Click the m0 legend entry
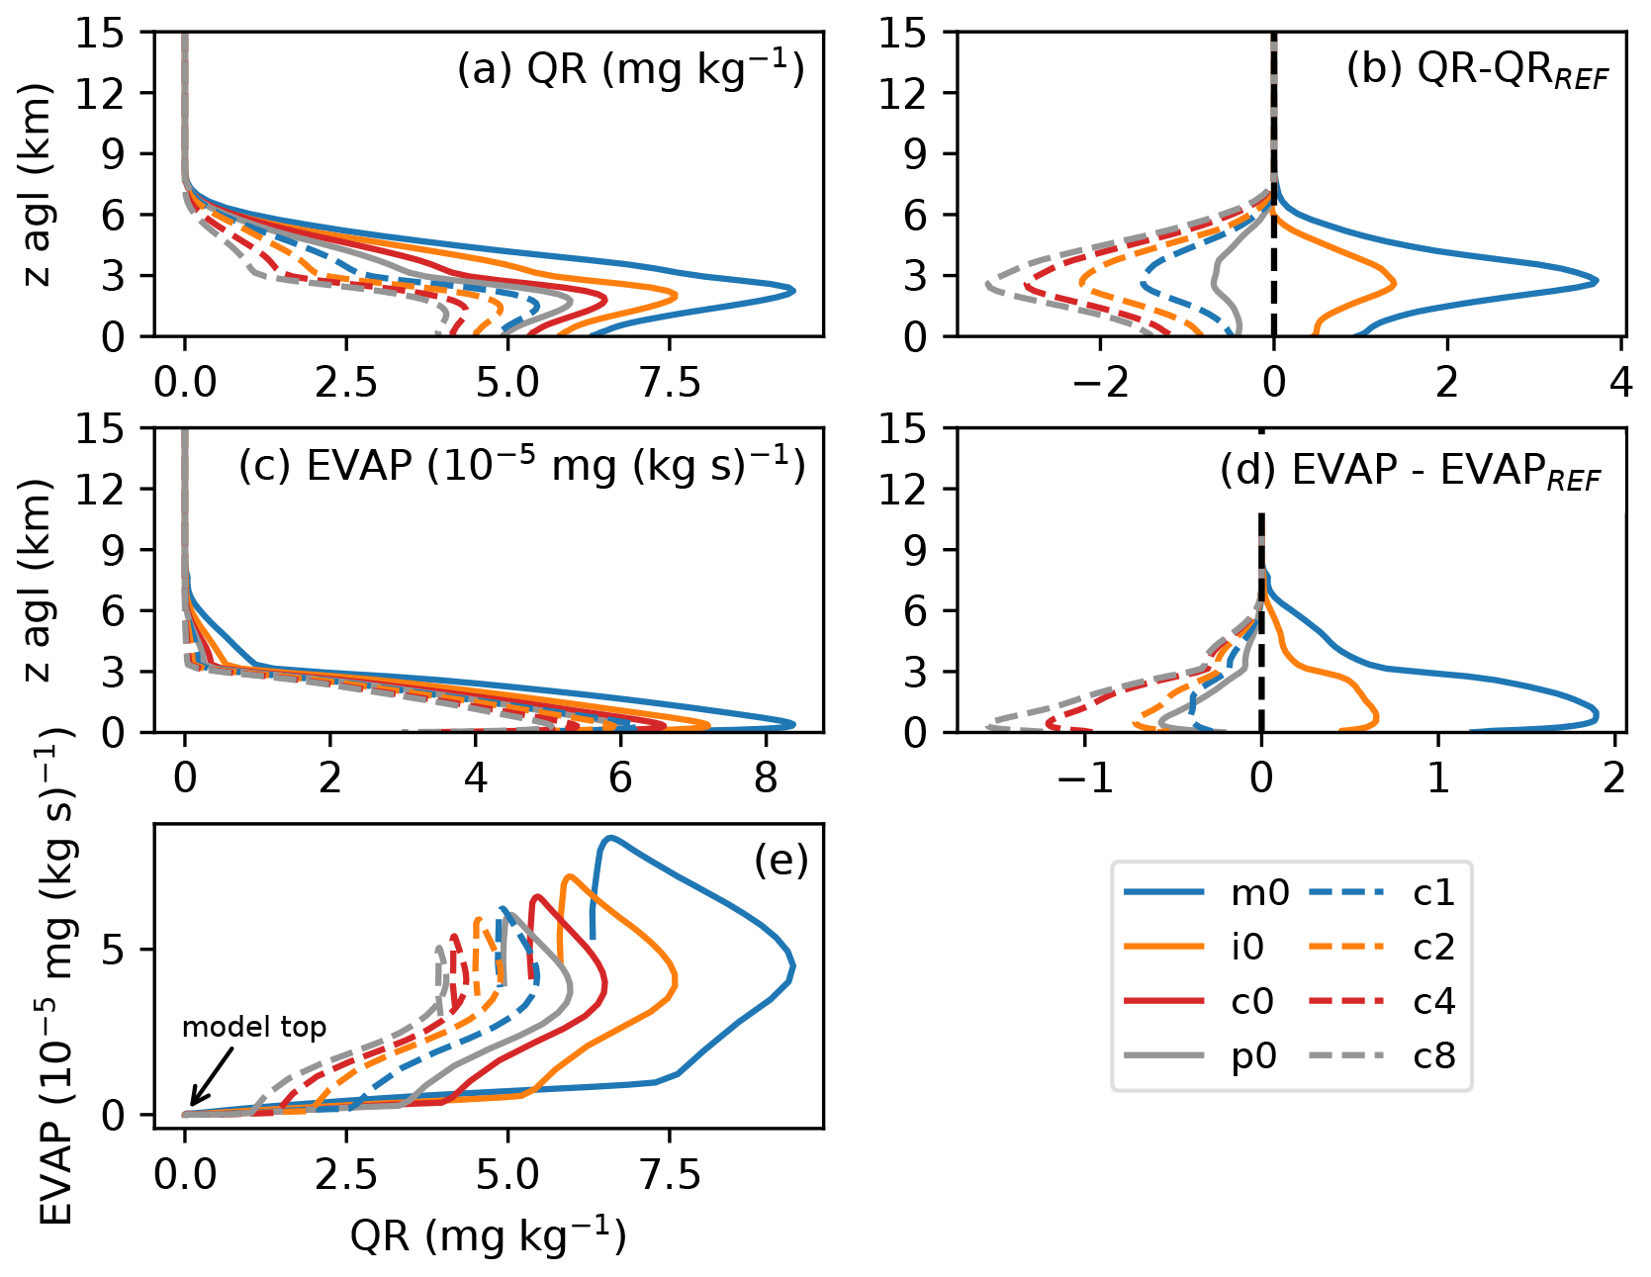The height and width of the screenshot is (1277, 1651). [x=1259, y=893]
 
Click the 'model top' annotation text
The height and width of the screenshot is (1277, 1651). [x=254, y=1028]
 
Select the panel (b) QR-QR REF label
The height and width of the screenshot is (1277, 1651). [x=1478, y=71]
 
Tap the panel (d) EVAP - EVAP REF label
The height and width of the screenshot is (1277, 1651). [x=1410, y=471]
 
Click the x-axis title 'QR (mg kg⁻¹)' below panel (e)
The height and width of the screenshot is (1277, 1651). [x=489, y=1235]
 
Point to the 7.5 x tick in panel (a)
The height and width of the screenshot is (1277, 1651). [x=670, y=382]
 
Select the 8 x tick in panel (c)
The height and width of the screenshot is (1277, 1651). [x=766, y=778]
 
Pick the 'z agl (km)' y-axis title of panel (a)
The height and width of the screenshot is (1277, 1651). [x=38, y=185]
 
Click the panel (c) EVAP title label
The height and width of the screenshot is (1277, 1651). [x=522, y=466]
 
